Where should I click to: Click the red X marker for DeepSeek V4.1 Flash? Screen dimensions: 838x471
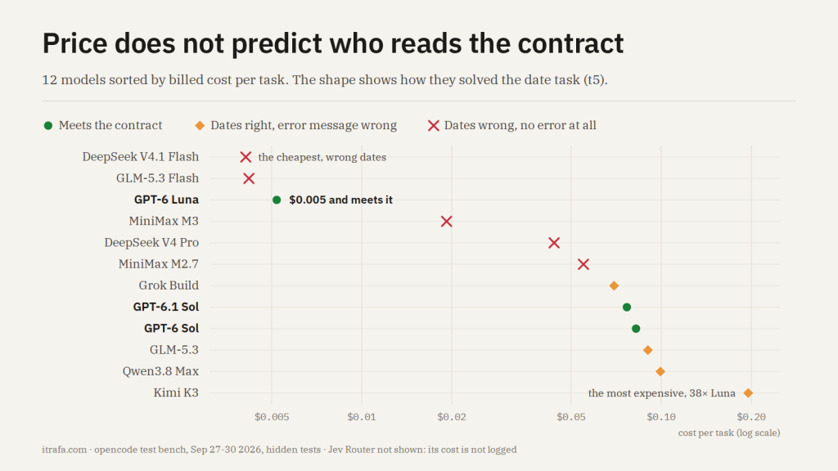click(246, 157)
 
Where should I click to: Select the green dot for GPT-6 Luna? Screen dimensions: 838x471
click(277, 200)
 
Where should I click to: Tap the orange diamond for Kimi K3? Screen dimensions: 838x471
click(748, 393)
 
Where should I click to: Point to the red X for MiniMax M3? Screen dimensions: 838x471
click(446, 221)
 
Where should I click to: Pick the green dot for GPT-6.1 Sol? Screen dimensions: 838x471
click(627, 307)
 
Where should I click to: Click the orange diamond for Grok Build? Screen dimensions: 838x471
click(614, 285)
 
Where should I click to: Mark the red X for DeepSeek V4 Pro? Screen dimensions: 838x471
click(554, 243)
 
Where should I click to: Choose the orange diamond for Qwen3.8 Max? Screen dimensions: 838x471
click(660, 372)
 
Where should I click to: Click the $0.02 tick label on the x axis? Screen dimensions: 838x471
click(452, 416)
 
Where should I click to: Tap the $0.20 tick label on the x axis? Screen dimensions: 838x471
click(751, 416)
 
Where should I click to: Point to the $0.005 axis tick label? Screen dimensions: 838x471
click(272, 416)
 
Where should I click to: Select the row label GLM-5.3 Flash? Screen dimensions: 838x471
click(158, 177)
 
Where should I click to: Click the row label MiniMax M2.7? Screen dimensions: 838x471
click(158, 264)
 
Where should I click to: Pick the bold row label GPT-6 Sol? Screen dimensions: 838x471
click(172, 328)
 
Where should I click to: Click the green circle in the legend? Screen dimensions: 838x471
click(48, 125)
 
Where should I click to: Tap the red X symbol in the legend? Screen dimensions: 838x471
click(434, 125)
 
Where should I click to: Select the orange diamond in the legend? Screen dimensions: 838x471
click(200, 125)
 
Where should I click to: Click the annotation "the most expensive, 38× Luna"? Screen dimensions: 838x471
click(661, 393)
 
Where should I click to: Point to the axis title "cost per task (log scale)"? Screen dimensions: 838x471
click(729, 433)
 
